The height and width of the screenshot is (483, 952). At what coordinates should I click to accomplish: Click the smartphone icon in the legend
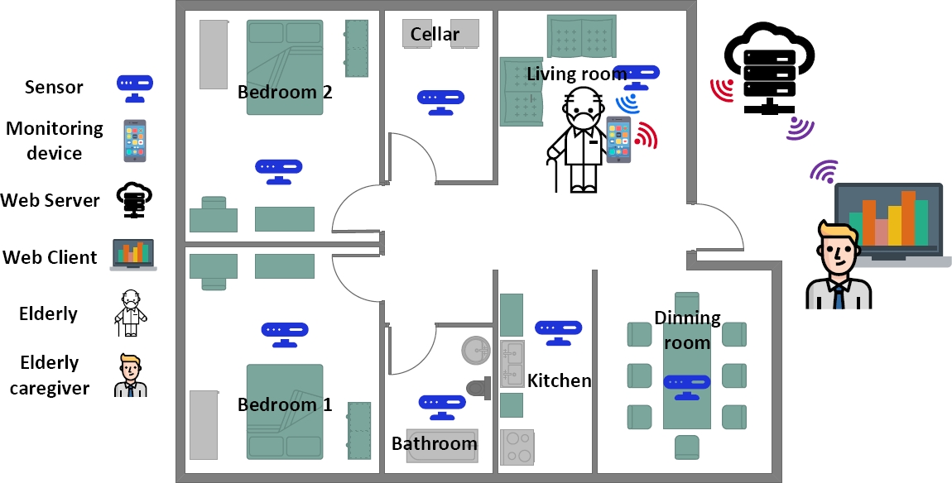pos(134,141)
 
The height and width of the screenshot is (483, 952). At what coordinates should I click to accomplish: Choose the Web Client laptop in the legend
pos(133,255)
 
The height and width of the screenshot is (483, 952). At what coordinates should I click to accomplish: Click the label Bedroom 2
pos(285,92)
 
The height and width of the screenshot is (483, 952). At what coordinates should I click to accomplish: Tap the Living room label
pos(577,74)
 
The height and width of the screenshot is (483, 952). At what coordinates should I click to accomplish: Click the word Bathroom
pos(435,443)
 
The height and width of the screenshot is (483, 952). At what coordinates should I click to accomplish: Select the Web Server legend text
pos(50,200)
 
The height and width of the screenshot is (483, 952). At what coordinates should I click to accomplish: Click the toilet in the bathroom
pos(479,386)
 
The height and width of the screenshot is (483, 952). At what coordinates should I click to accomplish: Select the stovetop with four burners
pos(517,447)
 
